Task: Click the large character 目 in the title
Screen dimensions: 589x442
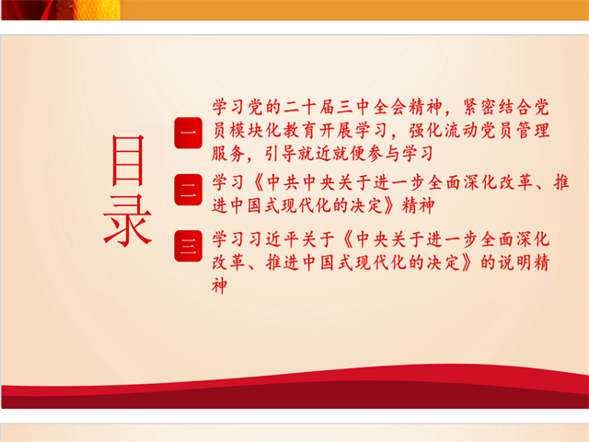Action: coord(128,160)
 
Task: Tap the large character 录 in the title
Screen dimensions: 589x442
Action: coord(128,221)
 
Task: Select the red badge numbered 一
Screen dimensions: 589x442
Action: coord(188,133)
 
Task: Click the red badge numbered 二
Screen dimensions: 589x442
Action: coord(188,190)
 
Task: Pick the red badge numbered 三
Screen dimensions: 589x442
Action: coord(188,246)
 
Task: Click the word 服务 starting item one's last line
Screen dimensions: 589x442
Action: coord(228,154)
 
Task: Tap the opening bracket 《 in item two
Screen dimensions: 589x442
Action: coord(258,182)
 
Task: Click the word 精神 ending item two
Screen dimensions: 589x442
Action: coord(418,206)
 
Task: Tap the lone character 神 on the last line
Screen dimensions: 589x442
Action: coord(220,286)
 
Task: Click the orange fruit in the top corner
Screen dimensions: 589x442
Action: coord(97,9)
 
